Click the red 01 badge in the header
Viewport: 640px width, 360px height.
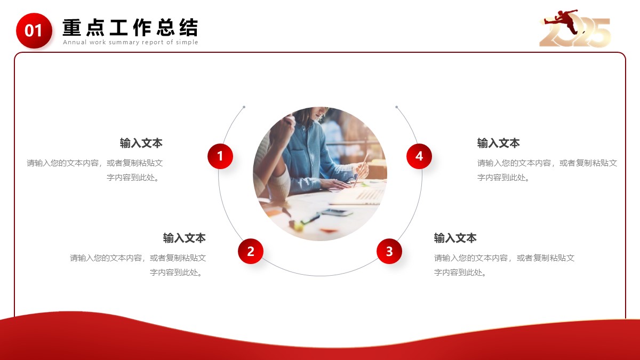[34, 30]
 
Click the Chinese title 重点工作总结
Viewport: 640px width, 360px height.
[130, 28]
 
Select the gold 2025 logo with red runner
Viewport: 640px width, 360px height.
[574, 28]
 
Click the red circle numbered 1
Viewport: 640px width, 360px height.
[220, 156]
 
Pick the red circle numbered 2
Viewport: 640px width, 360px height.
[251, 251]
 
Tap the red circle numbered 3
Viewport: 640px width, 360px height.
[389, 251]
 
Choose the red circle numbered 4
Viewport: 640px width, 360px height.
[419, 156]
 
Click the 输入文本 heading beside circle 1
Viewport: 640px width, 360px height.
[141, 143]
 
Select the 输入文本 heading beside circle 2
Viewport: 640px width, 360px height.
[185, 238]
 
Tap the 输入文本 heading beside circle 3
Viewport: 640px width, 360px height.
[455, 238]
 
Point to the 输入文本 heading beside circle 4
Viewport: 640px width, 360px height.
[498, 143]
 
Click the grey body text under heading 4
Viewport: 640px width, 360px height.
[547, 170]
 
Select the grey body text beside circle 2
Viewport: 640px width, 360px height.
[138, 265]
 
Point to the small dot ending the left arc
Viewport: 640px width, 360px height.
[244, 107]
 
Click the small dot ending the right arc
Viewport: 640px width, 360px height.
[397, 107]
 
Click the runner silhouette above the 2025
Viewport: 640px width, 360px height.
[562, 21]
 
